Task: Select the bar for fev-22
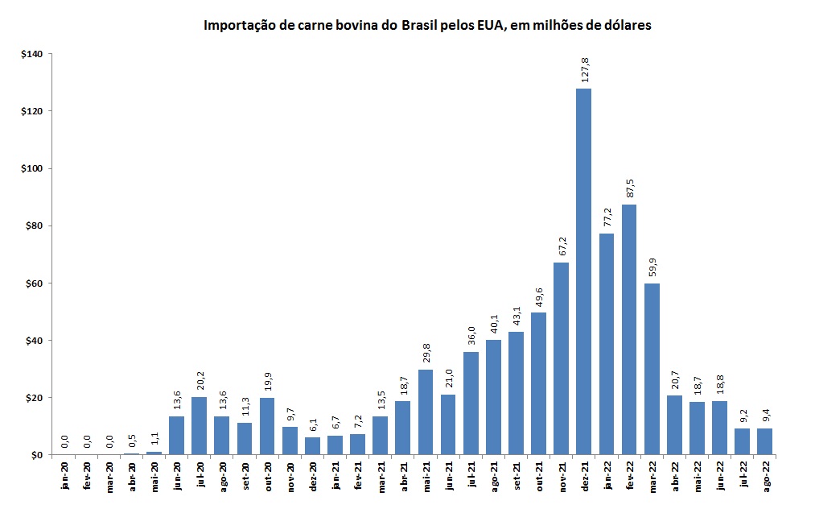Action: [629, 329]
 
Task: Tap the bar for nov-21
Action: [561, 358]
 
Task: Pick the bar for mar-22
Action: [652, 369]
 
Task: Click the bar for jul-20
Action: [199, 426]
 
